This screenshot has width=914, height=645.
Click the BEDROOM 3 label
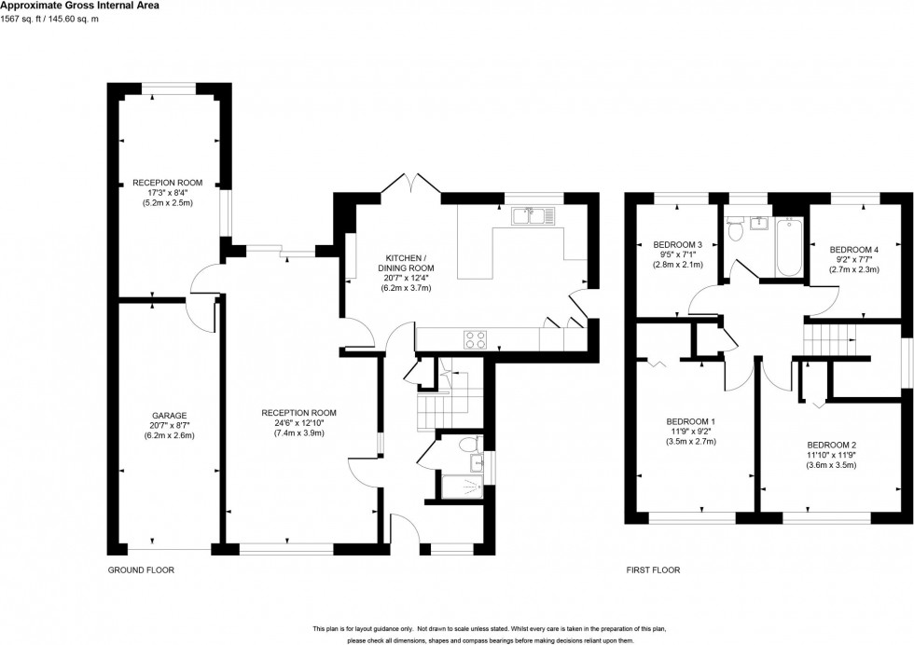click(x=675, y=244)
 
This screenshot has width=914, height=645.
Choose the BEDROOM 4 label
click(x=854, y=249)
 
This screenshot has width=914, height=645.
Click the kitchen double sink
click(x=533, y=216)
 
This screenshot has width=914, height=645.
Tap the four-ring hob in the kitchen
click(x=474, y=339)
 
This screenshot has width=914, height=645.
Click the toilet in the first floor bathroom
click(x=736, y=227)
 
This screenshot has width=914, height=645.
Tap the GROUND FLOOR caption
click(x=142, y=570)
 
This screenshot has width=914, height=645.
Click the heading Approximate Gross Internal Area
click(x=79, y=6)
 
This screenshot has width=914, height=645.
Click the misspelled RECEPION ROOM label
click(x=167, y=183)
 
